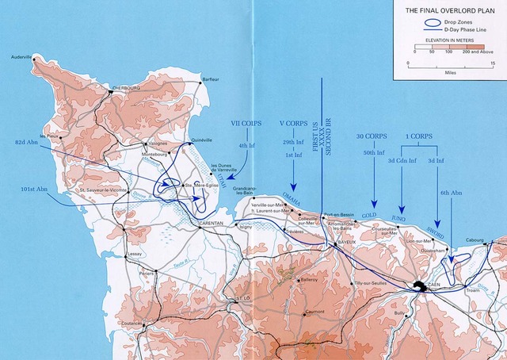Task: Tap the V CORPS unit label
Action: tap(294, 124)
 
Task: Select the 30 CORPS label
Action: tap(372, 136)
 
